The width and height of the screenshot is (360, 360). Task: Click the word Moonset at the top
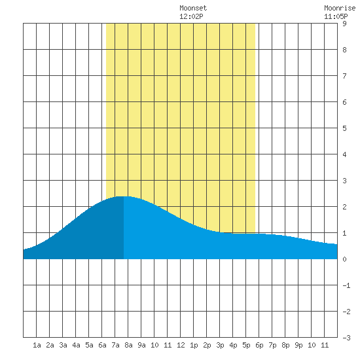point(193,8)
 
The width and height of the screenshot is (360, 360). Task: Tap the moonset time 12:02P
point(191,16)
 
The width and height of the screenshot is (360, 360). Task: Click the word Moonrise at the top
point(340,8)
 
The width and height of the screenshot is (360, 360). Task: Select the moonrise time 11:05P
point(336,16)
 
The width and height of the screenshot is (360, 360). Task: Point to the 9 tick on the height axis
point(344,24)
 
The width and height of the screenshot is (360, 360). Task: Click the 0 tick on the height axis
point(344,259)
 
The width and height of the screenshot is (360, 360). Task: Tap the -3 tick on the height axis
point(346,338)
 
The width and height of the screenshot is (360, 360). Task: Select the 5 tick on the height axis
point(344,128)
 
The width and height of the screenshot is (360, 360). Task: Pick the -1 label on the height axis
point(346,285)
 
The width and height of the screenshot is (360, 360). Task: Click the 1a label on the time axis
point(37,345)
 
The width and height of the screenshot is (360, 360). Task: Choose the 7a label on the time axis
point(115,345)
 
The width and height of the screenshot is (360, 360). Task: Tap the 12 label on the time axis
point(181,345)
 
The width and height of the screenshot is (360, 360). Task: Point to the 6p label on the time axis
point(259,345)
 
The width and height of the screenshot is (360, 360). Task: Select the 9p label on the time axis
point(298,345)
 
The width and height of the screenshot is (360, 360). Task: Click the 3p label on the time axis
point(220,345)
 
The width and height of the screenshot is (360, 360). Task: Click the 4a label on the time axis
point(76,345)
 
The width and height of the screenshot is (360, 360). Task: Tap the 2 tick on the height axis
point(344,207)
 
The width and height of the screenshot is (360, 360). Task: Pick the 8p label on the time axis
point(285,345)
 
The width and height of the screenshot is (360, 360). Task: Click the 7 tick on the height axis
point(344,76)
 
